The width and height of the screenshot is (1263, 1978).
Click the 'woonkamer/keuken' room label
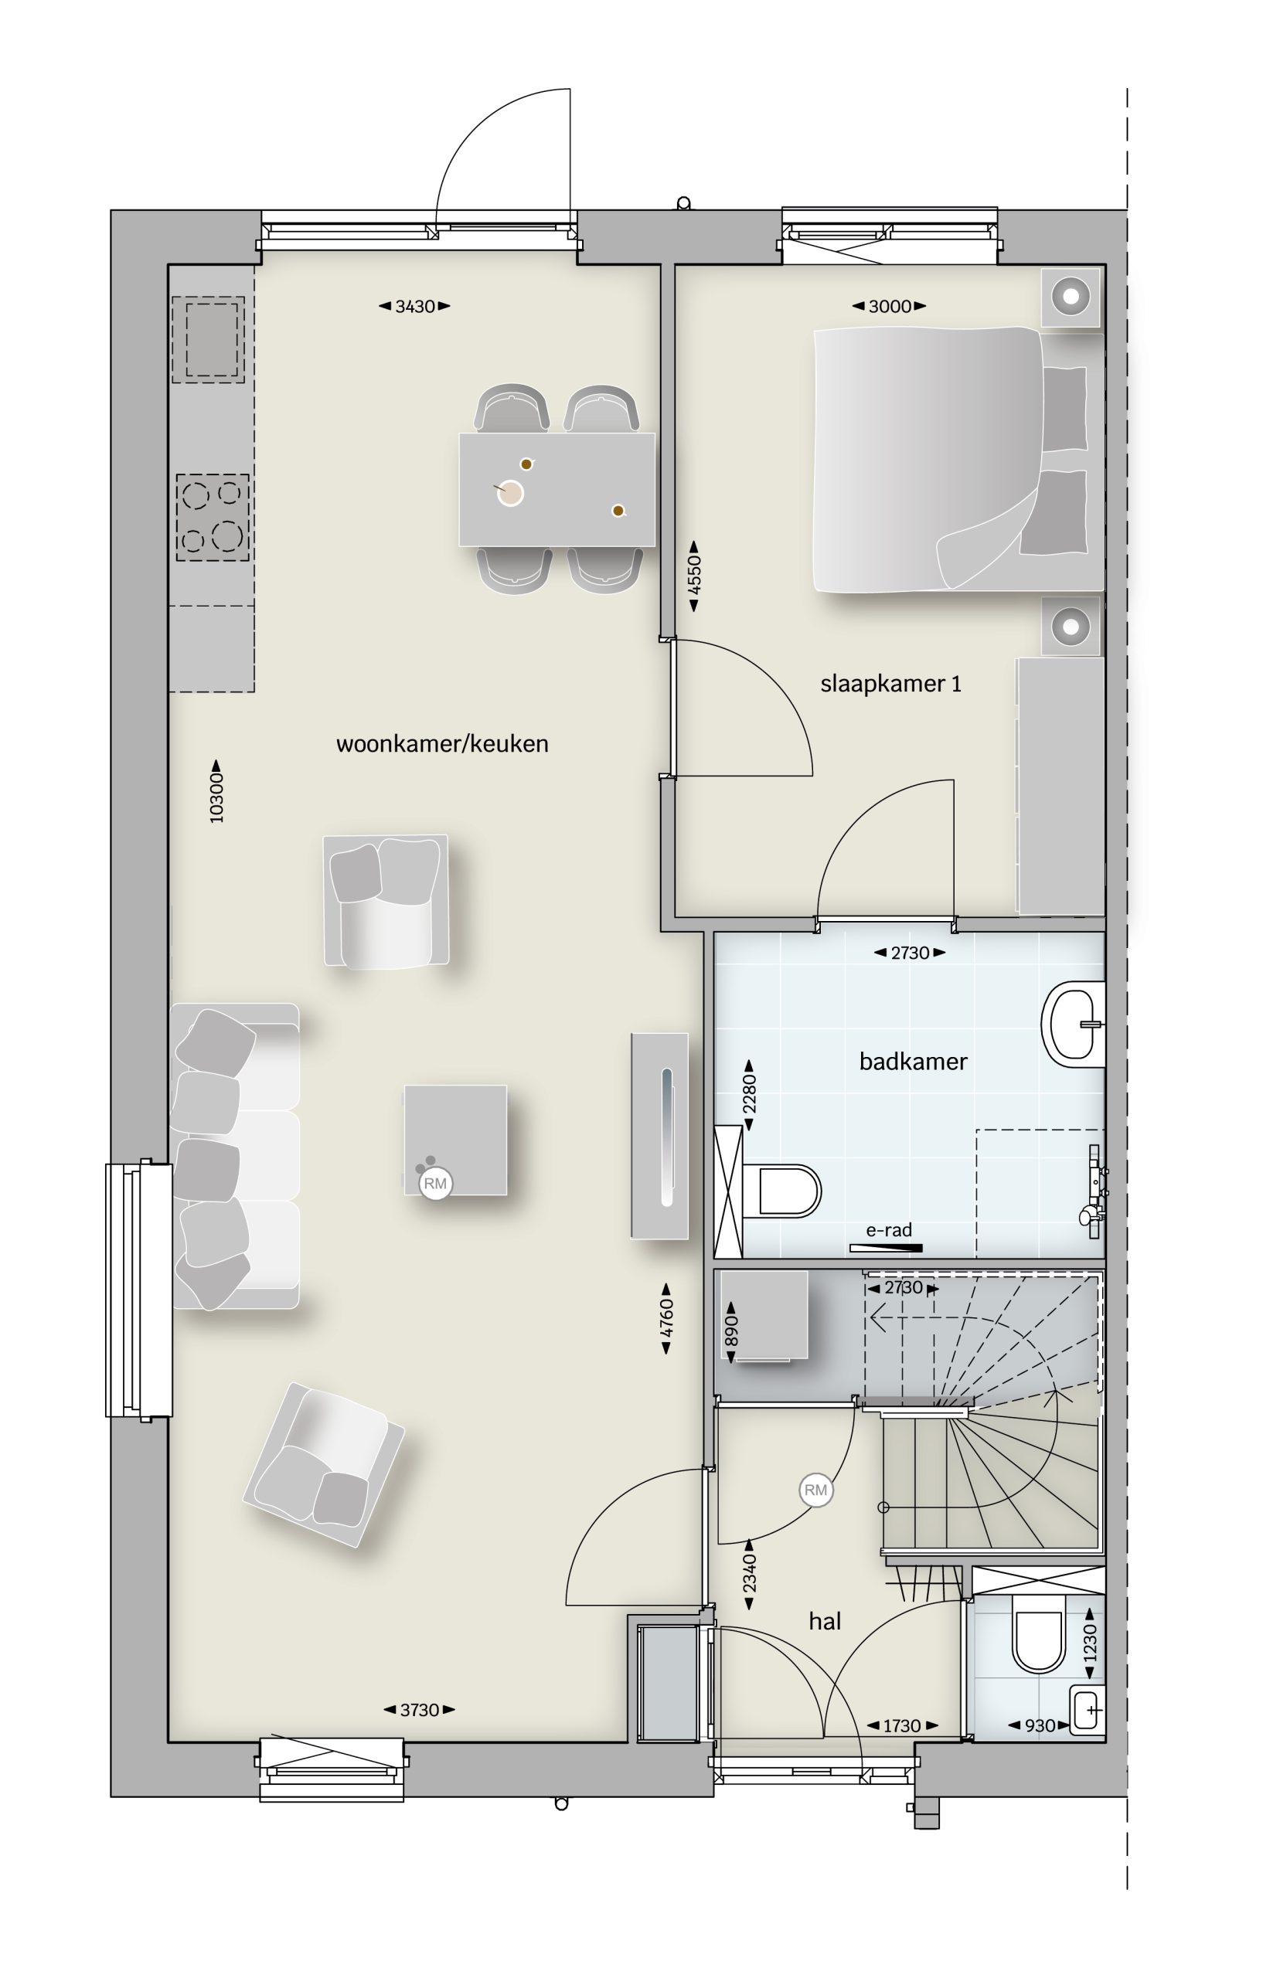[442, 744]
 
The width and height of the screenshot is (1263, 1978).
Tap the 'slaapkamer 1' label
[890, 684]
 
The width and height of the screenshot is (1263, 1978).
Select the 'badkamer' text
[913, 1062]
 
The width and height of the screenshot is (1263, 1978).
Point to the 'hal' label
[825, 1621]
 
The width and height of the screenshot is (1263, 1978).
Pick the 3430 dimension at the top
[414, 307]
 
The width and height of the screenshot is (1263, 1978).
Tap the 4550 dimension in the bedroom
[694, 576]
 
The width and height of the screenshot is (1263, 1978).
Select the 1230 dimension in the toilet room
[1091, 1642]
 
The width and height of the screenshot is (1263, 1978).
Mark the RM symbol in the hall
[815, 1490]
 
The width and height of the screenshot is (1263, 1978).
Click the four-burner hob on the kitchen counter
[212, 518]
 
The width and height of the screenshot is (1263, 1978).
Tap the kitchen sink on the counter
[208, 340]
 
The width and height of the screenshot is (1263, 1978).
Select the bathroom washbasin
[1073, 1025]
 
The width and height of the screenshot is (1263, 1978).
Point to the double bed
[958, 459]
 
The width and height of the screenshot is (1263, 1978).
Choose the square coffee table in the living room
[455, 1140]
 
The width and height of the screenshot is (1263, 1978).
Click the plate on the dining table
[510, 492]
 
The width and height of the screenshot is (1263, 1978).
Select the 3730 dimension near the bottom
[419, 1710]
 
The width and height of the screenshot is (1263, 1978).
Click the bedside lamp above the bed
[1071, 295]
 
